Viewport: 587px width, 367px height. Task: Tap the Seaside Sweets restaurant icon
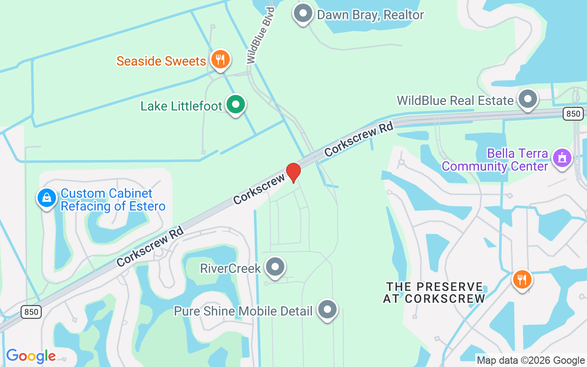coord(221,59)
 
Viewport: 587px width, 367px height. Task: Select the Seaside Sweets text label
coord(161,61)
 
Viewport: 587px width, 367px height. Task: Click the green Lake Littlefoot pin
coord(236,105)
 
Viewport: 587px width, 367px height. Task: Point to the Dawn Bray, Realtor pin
coord(303,13)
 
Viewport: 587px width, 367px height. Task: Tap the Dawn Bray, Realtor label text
coord(371,15)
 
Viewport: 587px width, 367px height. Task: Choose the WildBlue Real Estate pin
coord(528,99)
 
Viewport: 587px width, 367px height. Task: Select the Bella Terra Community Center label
coord(495,160)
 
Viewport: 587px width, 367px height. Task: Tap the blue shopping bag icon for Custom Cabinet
coord(47,198)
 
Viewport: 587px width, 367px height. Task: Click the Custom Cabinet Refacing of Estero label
coord(113,200)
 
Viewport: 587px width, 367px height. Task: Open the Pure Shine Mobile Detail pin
coord(327,309)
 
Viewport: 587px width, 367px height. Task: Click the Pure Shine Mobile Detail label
coord(243,311)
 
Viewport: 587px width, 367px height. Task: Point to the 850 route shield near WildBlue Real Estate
coord(573,113)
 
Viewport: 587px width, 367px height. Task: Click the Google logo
coord(31,356)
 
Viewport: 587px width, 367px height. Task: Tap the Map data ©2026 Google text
coord(531,361)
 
